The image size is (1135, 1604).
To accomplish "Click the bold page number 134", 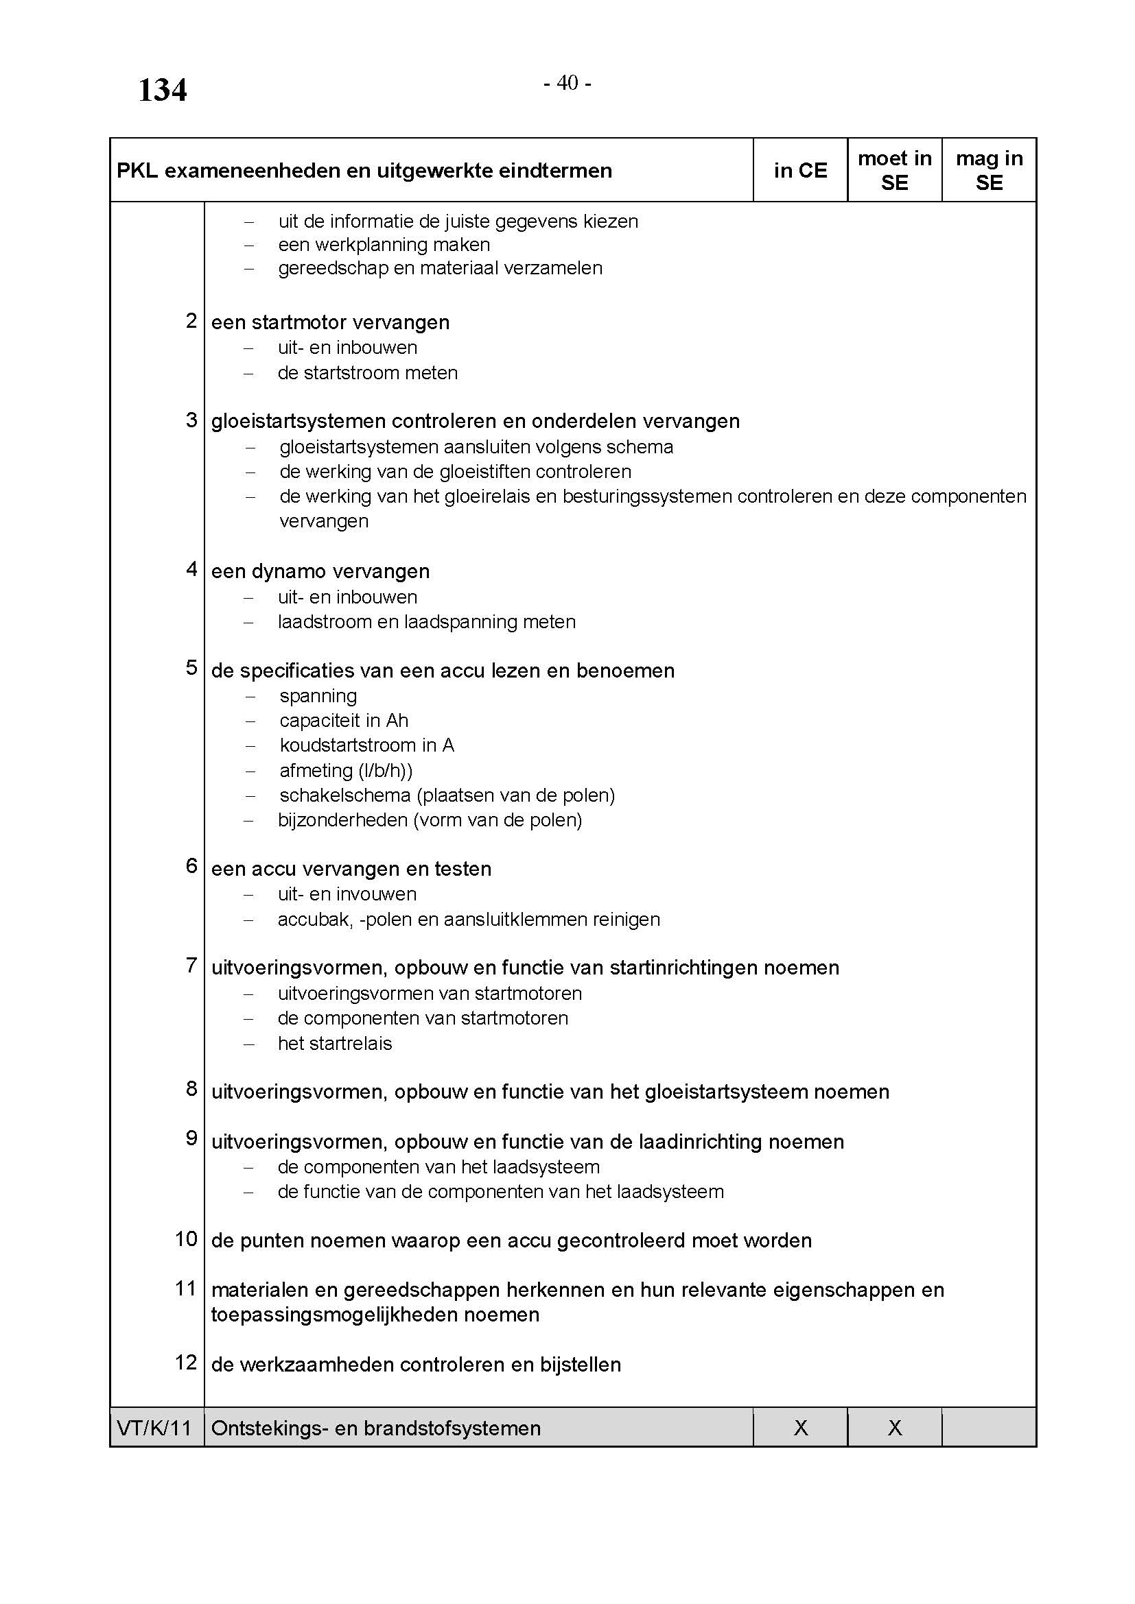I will click(162, 91).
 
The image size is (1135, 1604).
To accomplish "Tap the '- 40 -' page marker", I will click(567, 83).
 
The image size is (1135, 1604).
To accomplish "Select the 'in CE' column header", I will click(800, 171).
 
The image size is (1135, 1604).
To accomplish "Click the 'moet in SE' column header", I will click(895, 171).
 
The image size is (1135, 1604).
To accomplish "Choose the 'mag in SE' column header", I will click(989, 171).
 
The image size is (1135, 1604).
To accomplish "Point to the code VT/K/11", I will click(154, 1427).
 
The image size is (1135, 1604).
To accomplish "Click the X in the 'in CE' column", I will click(801, 1427).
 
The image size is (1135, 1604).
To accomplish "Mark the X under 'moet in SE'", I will click(895, 1427).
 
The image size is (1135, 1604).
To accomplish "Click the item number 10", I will click(187, 1238).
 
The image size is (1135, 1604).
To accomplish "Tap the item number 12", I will click(187, 1363).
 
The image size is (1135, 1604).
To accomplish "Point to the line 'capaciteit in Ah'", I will click(344, 720).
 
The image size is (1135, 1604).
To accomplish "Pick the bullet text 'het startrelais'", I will click(335, 1044).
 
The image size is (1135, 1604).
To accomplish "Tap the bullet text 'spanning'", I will click(318, 696).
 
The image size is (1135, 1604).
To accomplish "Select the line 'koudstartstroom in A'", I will click(367, 745).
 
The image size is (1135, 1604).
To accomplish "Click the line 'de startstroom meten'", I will click(368, 373).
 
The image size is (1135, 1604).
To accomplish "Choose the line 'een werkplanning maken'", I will click(384, 246).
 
